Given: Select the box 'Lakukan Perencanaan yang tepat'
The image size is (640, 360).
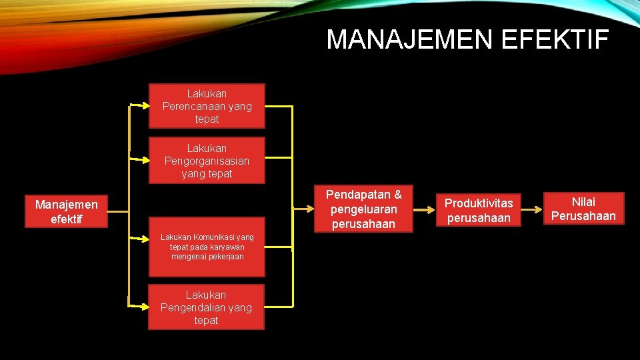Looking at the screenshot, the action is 207,106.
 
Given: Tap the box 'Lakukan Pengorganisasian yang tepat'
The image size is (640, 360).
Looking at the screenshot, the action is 207,161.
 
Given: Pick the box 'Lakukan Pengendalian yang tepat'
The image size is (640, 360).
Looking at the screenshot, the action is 206,307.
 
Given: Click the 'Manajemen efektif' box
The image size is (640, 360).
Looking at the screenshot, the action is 66,211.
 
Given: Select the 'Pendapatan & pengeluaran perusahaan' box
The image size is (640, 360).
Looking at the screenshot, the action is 363,209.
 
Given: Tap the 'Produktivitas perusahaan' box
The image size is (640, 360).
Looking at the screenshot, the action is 479,210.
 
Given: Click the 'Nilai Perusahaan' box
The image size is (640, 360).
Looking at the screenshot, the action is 583,209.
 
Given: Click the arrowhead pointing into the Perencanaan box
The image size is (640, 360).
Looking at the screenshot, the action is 145,105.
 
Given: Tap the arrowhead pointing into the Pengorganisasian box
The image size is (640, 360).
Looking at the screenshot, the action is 145,160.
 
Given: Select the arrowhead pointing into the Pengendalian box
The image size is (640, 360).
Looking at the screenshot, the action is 145,307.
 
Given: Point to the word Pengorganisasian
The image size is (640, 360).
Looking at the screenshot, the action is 207,161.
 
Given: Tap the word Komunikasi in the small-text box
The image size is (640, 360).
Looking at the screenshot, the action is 216,237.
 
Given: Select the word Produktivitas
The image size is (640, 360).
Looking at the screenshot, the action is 479,203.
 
